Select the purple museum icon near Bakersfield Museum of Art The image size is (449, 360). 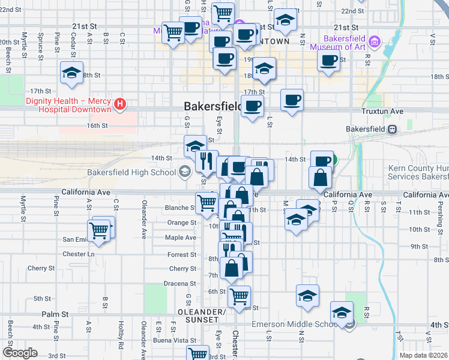(375, 41)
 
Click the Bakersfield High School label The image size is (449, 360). (131, 173)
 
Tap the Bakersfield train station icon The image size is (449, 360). (391, 129)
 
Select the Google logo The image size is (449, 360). (20, 352)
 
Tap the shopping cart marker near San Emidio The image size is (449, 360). (98, 230)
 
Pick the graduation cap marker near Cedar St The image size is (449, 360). (71, 73)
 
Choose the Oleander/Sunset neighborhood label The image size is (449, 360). (202, 316)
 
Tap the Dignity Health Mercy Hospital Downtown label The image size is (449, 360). (68, 105)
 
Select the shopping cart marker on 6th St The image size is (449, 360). (240, 296)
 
